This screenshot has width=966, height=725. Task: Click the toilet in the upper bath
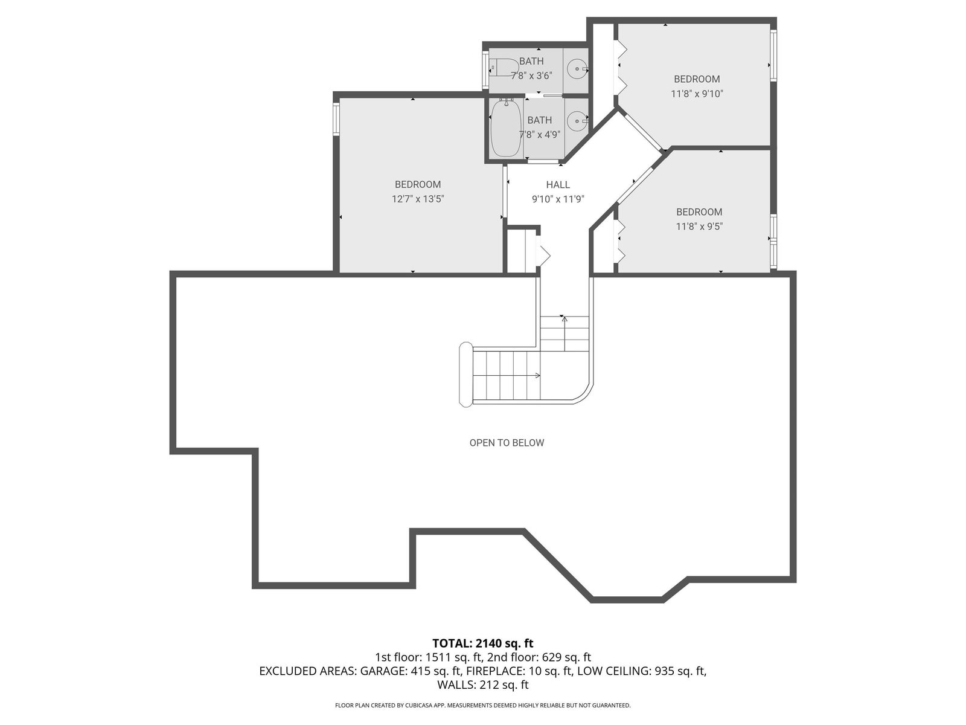[504, 68]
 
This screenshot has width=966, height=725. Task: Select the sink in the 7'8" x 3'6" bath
[577, 69]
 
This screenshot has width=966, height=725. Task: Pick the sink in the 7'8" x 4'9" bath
[577, 121]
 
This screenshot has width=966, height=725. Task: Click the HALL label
[558, 185]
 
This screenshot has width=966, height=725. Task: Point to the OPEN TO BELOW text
[507, 443]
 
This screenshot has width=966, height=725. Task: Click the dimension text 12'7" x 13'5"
[418, 199]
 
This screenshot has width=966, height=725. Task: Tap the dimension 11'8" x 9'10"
[697, 94]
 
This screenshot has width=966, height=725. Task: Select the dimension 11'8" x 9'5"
[699, 226]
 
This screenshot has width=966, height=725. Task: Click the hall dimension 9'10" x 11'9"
[558, 199]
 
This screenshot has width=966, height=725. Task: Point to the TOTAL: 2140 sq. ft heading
[483, 643]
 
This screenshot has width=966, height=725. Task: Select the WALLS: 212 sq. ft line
[483, 685]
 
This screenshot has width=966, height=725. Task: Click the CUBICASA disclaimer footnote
[483, 705]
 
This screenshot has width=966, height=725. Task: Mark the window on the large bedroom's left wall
[336, 118]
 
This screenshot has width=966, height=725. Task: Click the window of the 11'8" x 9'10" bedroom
[773, 55]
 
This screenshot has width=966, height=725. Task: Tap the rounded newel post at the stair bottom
[465, 374]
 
